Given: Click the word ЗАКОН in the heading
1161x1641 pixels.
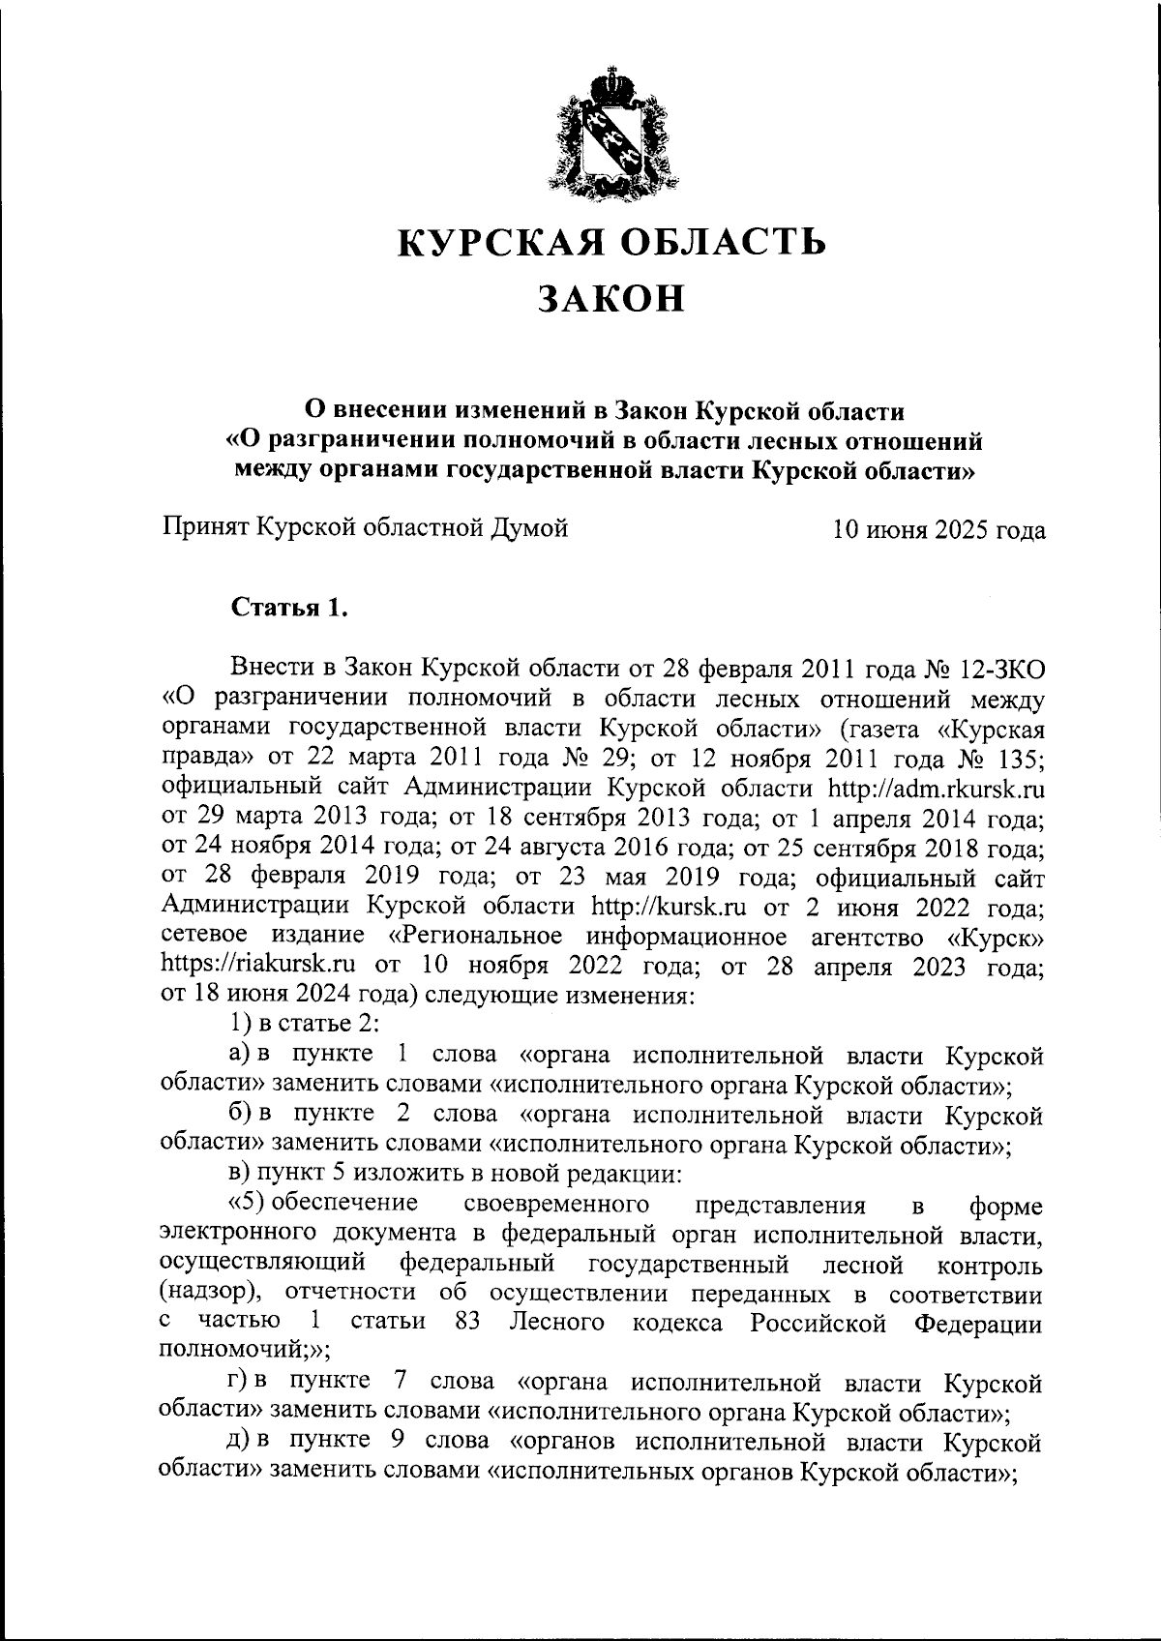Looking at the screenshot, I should coord(611,299).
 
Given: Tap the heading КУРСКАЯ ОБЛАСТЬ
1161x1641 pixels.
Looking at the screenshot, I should coord(613,241).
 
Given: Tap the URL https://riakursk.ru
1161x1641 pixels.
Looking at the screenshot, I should coord(257,965).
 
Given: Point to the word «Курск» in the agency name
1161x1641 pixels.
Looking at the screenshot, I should coord(996,938).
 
